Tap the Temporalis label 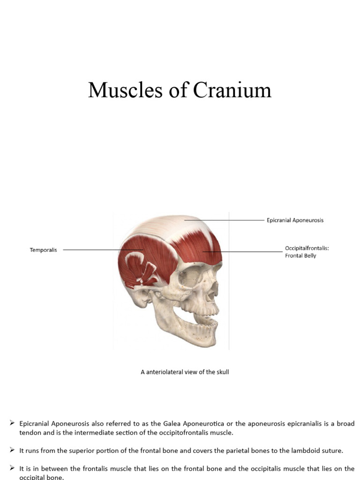click(x=44, y=250)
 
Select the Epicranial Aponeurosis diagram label click(x=295, y=220)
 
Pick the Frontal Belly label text click(x=300, y=255)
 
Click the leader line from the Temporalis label click(x=94, y=250)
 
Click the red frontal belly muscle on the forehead click(x=199, y=248)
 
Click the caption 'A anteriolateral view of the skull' click(x=185, y=372)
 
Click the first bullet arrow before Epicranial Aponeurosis click(x=13, y=423)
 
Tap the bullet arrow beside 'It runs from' click(x=13, y=450)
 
